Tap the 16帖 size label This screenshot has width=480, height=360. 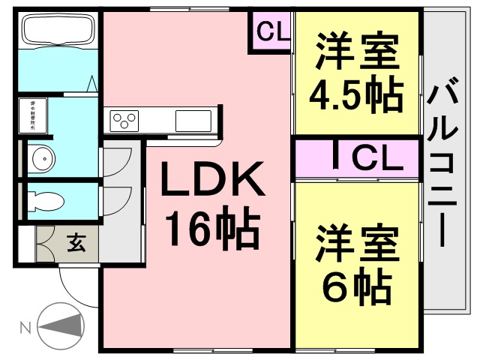[x=211, y=229]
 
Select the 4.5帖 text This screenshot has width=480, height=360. [x=355, y=93]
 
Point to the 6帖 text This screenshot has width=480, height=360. [x=357, y=283]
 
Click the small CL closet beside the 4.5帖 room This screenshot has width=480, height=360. [x=269, y=31]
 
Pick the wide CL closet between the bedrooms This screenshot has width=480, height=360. [x=357, y=158]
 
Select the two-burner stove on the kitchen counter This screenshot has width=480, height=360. [x=124, y=118]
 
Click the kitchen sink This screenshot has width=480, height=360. [x=193, y=118]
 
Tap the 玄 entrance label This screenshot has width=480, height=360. [x=77, y=243]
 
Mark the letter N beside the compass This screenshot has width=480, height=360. [x=24, y=328]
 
